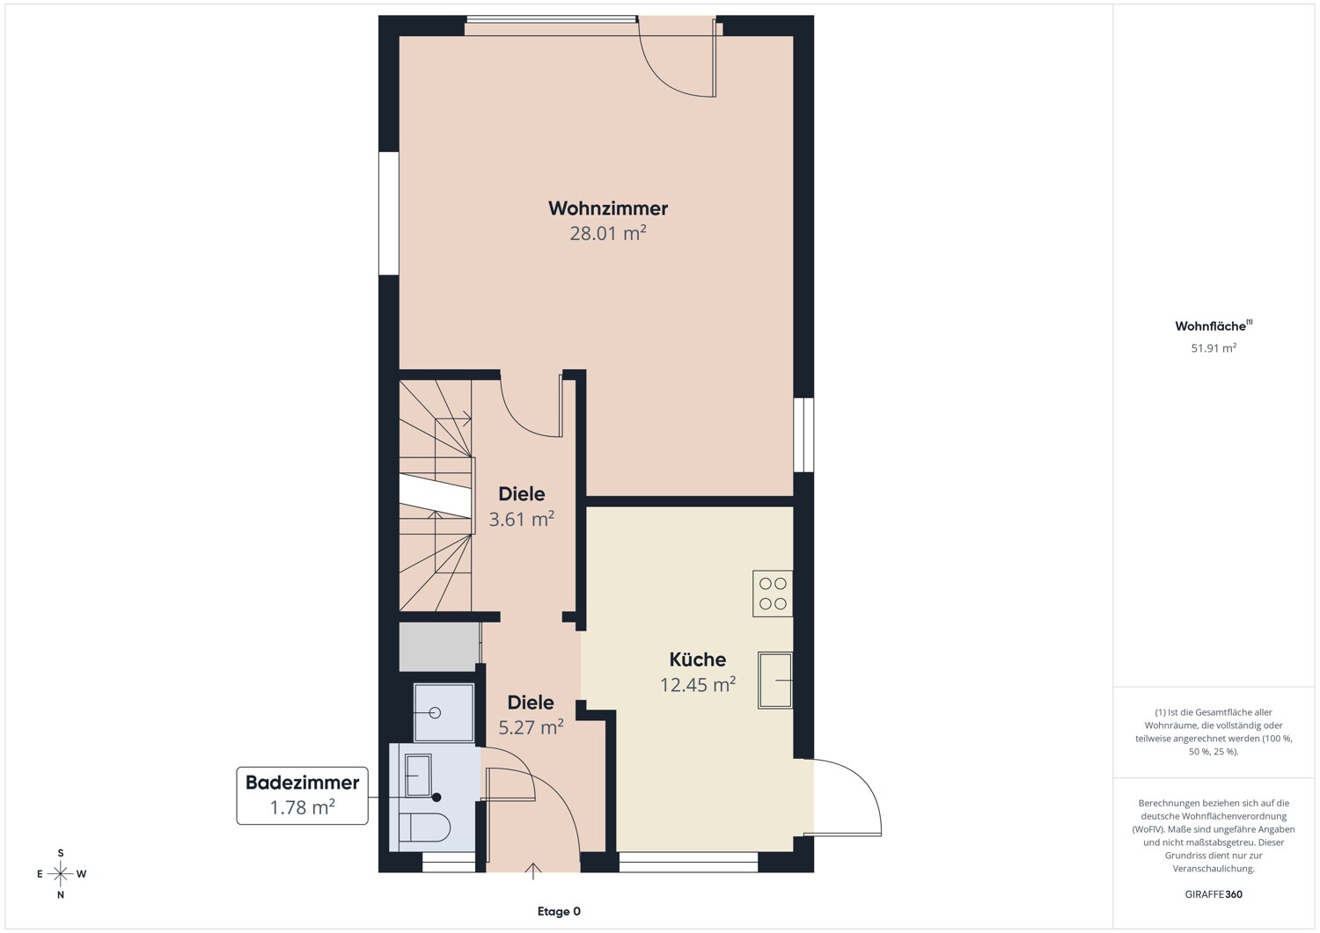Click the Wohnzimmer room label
(x=607, y=208)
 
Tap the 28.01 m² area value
(x=607, y=233)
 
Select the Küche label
(x=698, y=660)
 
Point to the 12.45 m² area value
(x=698, y=684)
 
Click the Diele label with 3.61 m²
(x=522, y=493)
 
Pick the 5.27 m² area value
(x=531, y=727)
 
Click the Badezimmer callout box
(x=303, y=795)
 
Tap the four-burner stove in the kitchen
(x=773, y=594)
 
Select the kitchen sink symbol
(x=775, y=680)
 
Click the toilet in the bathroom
(x=424, y=827)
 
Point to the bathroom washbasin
(x=418, y=775)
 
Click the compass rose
(x=61, y=873)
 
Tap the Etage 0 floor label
(x=559, y=911)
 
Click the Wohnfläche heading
(x=1214, y=325)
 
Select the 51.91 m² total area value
(x=1214, y=347)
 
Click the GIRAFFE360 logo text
(x=1214, y=894)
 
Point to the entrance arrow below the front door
(x=532, y=871)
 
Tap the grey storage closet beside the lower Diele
(x=439, y=646)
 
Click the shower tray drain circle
(x=435, y=712)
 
